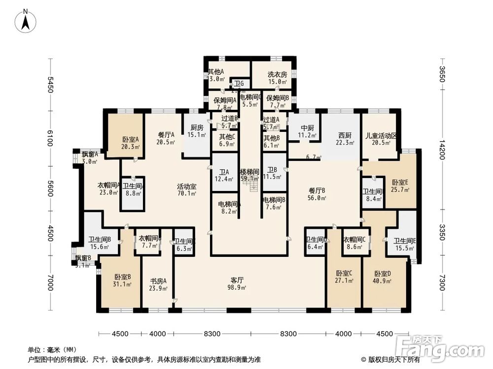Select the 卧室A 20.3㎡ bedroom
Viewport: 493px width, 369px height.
131,143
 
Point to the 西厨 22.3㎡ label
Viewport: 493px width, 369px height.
344,139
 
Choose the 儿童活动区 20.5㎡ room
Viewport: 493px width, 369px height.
381,139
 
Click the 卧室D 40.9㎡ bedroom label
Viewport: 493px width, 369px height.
383,277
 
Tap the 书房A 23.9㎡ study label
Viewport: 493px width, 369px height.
158,285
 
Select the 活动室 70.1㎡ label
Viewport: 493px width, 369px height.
187,190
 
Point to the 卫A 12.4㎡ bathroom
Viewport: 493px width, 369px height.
224,176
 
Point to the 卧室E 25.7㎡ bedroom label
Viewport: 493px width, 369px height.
400,185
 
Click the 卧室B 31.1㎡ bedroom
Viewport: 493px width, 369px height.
122,280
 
